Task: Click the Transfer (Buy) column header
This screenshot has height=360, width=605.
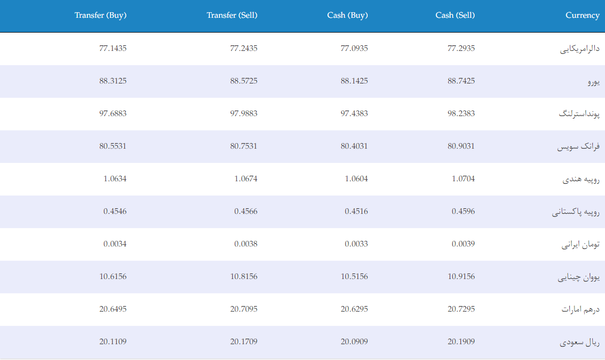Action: pyautogui.click(x=100, y=15)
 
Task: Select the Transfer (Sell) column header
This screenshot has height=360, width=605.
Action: pyautogui.click(x=232, y=15)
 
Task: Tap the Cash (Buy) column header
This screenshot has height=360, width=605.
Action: pyautogui.click(x=347, y=15)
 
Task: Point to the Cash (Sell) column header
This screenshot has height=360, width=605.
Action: pyautogui.click(x=455, y=15)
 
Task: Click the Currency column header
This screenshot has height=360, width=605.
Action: pyautogui.click(x=582, y=15)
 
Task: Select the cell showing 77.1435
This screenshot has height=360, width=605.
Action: pyautogui.click(x=113, y=48)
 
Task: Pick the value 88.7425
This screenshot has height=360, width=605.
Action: pyautogui.click(x=461, y=81)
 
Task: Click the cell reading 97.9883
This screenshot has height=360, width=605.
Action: pyautogui.click(x=243, y=114)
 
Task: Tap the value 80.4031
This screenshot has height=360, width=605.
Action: pyautogui.click(x=354, y=146)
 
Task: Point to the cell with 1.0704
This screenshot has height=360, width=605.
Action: pyautogui.click(x=463, y=179)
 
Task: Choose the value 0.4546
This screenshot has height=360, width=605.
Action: pyautogui.click(x=115, y=211)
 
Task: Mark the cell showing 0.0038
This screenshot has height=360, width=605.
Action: pyautogui.click(x=246, y=244)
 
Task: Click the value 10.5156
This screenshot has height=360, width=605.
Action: pyautogui.click(x=354, y=276)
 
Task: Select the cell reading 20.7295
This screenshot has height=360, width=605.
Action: pyautogui.click(x=461, y=309)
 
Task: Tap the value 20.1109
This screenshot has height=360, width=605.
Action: pyautogui.click(x=113, y=342)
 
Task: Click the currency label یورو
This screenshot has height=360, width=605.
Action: pyautogui.click(x=594, y=82)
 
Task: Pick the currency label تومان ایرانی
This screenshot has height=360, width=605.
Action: pyautogui.click(x=581, y=244)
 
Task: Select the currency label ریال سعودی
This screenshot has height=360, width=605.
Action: pyautogui.click(x=580, y=342)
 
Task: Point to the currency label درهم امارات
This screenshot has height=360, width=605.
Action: pyautogui.click(x=581, y=310)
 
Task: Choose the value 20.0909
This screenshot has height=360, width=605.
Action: pyautogui.click(x=354, y=342)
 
